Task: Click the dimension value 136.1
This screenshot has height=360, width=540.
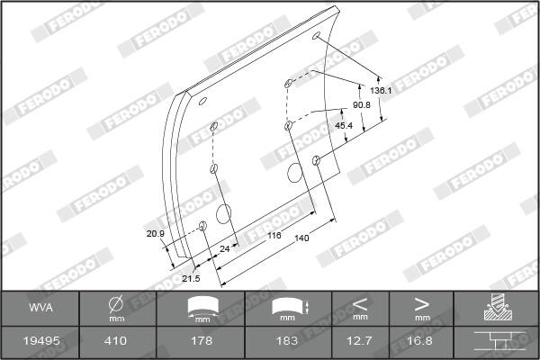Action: point(381,91)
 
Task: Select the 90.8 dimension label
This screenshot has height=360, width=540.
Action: point(361,105)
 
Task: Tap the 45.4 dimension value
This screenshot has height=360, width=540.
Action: point(344,126)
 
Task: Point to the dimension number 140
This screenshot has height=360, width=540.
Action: point(301,238)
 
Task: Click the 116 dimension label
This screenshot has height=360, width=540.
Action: point(274,235)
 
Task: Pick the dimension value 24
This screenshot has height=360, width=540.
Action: point(224,248)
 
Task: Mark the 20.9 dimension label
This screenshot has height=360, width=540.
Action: point(156,234)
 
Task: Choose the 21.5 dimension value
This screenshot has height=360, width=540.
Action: point(191,278)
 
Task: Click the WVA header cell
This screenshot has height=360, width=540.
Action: point(40,307)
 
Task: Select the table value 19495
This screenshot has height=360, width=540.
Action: point(41,341)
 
